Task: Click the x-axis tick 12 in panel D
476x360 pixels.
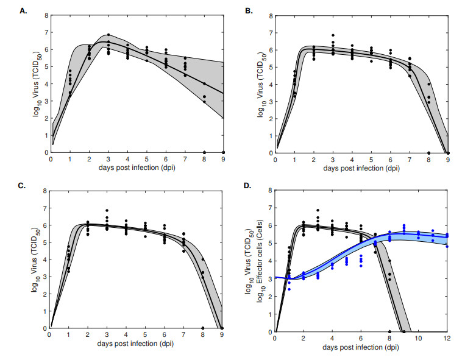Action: point(447,337)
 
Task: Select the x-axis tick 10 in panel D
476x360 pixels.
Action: point(419,337)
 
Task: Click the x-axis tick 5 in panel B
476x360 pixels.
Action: point(371,159)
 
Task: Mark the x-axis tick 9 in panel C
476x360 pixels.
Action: point(223,335)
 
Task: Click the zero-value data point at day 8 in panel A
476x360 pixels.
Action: point(204,152)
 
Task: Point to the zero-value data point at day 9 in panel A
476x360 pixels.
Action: point(223,152)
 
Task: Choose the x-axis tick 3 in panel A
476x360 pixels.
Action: point(108,159)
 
